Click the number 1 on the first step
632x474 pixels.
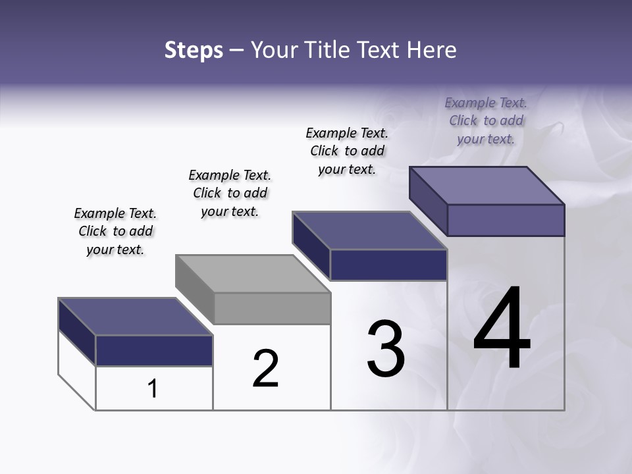click(x=153, y=388)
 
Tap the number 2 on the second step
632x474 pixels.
click(x=265, y=368)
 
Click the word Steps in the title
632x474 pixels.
click(x=194, y=50)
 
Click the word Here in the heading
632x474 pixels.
click(x=432, y=50)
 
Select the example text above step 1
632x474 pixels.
click(x=115, y=231)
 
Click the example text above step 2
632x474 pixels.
click(x=230, y=193)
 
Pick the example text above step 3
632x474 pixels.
click(x=347, y=151)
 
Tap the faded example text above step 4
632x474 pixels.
click(x=486, y=120)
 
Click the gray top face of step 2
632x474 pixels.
click(x=253, y=273)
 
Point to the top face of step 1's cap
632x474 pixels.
click(x=135, y=317)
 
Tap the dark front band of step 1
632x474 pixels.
click(x=154, y=351)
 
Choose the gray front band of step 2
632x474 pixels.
click(x=272, y=308)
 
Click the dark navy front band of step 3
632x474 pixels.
click(x=388, y=265)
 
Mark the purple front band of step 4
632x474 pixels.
click(x=506, y=220)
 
